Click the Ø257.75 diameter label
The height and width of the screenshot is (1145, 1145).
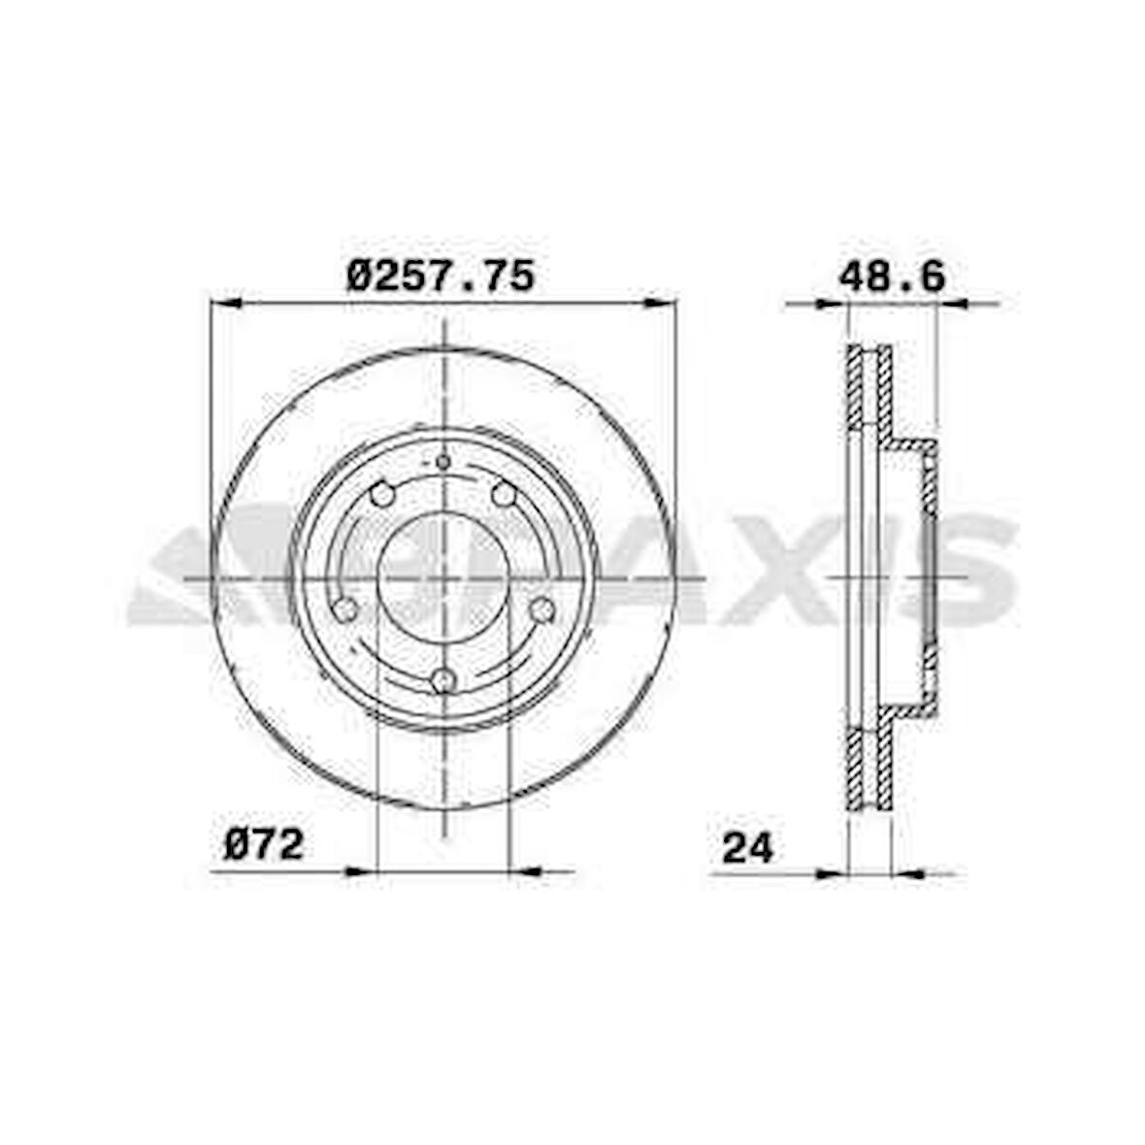(x=441, y=277)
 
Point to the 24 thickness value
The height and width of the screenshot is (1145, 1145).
(x=747, y=847)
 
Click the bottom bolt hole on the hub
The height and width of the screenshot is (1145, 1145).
(x=443, y=680)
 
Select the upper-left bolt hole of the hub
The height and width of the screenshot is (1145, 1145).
(x=382, y=495)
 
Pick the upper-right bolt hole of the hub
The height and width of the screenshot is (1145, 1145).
(x=504, y=495)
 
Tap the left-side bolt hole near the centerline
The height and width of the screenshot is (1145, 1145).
(x=344, y=609)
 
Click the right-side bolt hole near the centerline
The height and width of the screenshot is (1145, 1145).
(x=542, y=609)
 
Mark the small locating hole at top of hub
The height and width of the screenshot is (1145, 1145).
(x=443, y=462)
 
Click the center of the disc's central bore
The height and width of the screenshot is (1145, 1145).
(x=443, y=578)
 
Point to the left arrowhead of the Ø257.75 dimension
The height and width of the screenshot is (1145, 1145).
(x=224, y=303)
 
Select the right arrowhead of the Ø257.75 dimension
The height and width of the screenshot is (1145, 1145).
(x=661, y=303)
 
